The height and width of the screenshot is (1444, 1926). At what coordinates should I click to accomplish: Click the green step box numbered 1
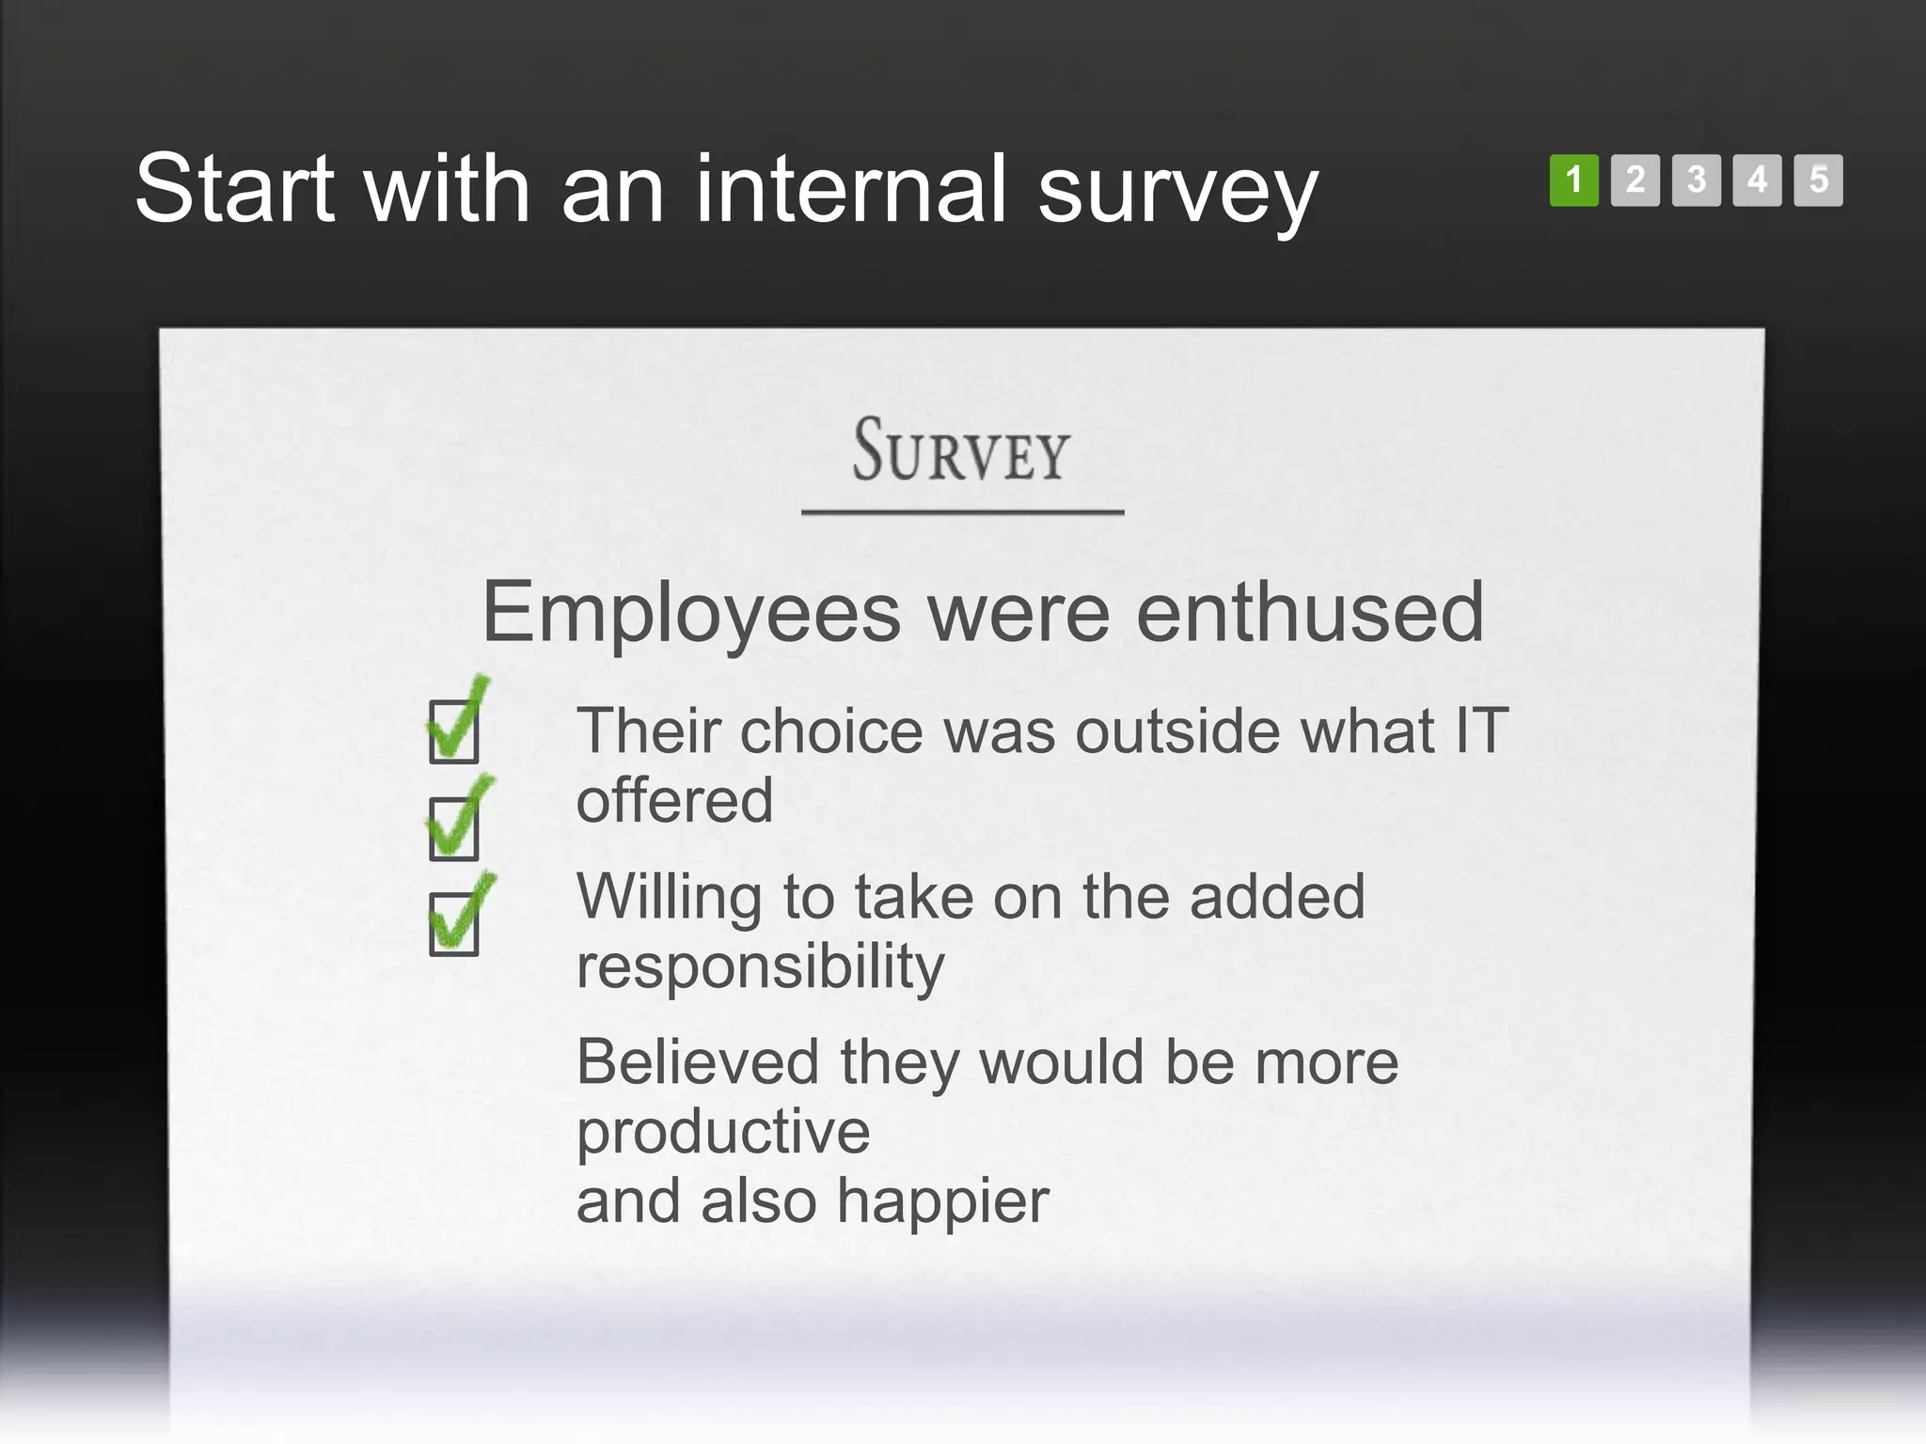coord(1573,180)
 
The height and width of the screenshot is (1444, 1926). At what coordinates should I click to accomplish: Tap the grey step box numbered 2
coord(1634,180)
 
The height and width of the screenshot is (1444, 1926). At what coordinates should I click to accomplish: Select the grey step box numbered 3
coord(1696,180)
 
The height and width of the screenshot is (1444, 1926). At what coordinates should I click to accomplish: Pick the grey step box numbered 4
coord(1757,180)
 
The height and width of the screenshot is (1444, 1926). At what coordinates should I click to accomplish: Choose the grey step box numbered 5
coord(1818,180)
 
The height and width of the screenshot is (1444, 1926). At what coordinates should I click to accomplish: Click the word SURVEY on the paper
coord(961,451)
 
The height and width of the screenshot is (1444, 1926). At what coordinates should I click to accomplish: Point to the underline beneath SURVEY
coord(962,512)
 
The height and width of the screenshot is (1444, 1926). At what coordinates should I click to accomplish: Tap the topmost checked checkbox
coord(454,730)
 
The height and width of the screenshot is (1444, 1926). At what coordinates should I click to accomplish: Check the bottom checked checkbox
coord(454,923)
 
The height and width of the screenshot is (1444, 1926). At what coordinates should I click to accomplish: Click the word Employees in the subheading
coord(691,614)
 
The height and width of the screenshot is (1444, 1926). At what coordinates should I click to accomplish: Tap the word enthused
coord(1310,612)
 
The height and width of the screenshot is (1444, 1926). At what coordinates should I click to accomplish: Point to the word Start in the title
coord(235,190)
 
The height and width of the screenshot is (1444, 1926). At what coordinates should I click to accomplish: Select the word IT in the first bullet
coord(1481,730)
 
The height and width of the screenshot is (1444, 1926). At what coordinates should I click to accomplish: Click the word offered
coord(674,801)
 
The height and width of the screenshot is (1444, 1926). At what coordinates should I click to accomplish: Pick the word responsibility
coord(760,967)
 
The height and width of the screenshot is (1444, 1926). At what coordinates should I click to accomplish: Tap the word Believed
coord(698,1062)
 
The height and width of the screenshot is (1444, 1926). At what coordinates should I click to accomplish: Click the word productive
coord(723,1133)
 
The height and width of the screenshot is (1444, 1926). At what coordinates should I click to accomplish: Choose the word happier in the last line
coord(942,1201)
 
